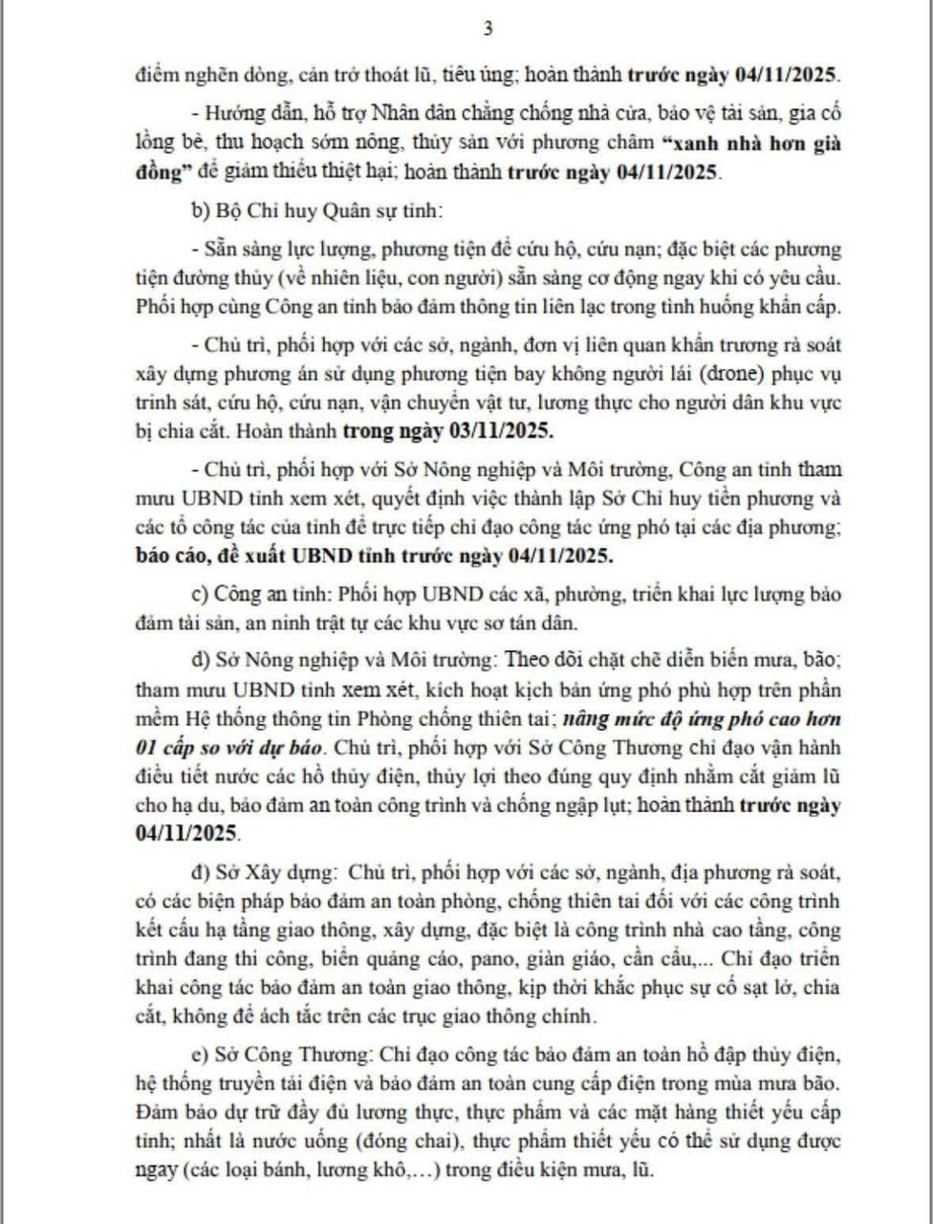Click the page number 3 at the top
[x=488, y=28]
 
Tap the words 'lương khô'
[x=365, y=1169]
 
